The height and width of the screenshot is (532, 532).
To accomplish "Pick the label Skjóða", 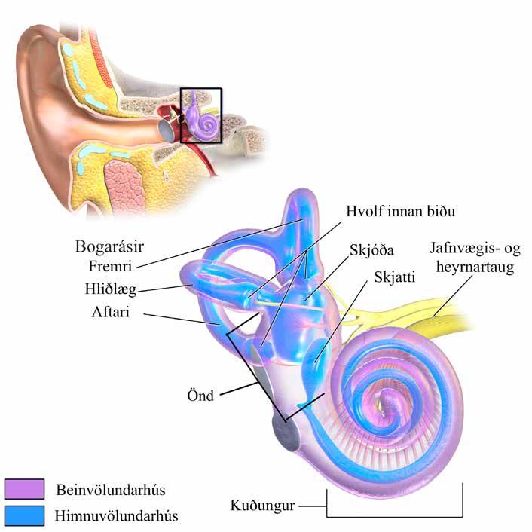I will coord(372,251).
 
